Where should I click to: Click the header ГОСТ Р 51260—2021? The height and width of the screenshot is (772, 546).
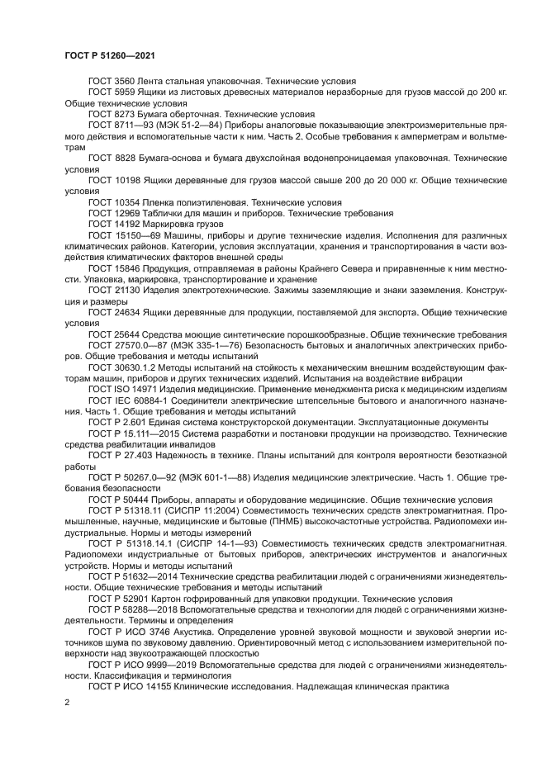(x=110, y=55)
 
